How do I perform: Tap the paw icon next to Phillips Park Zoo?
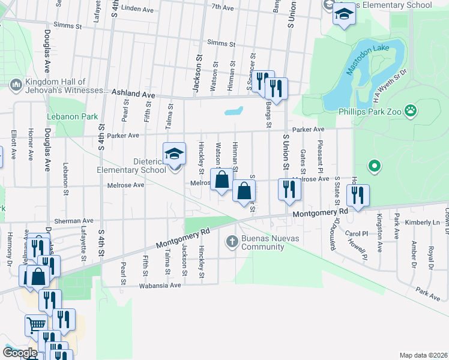coord(411,110)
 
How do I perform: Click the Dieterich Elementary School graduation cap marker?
coord(174,155)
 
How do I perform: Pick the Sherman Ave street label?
coord(74,221)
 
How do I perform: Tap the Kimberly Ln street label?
coord(418,222)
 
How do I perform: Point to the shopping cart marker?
coord(36,325)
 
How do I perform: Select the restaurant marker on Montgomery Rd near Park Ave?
coord(358,196)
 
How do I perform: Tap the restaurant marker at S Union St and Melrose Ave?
coord(289,189)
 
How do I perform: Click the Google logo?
coord(20,353)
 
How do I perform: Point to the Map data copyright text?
coord(423,355)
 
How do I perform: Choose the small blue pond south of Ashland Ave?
coord(234,111)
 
